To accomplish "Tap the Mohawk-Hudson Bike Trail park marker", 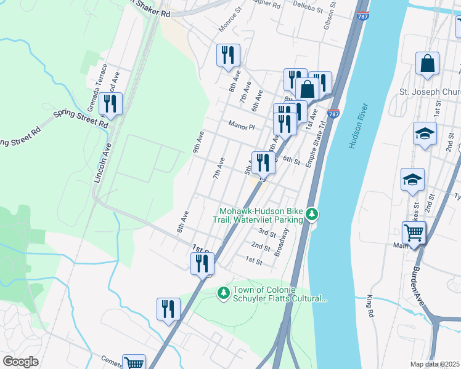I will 313,214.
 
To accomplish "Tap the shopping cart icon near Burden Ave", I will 414,233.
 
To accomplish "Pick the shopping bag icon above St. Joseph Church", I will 427,63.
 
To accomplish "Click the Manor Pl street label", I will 242,126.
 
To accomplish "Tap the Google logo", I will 21,362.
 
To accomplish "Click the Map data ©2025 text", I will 434,364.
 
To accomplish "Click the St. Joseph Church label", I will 430,92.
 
